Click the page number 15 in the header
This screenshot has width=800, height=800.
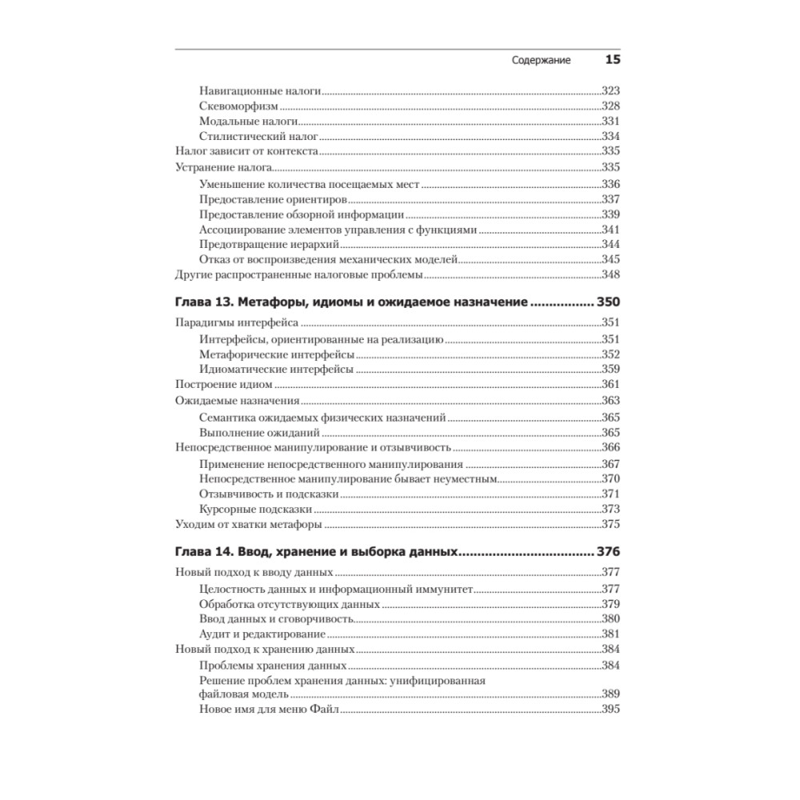pyautogui.click(x=613, y=60)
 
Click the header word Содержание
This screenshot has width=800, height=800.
pyautogui.click(x=540, y=61)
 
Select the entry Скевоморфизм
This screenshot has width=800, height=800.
pyautogui.click(x=238, y=106)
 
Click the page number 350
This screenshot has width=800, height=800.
pyautogui.click(x=609, y=303)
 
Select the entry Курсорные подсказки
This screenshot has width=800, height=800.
pyautogui.click(x=255, y=509)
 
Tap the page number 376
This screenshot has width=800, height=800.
pyautogui.click(x=609, y=551)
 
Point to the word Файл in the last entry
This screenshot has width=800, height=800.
pyautogui.click(x=326, y=710)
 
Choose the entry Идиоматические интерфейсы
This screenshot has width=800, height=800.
pyautogui.click(x=276, y=369)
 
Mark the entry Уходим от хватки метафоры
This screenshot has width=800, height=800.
pyautogui.click(x=248, y=525)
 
